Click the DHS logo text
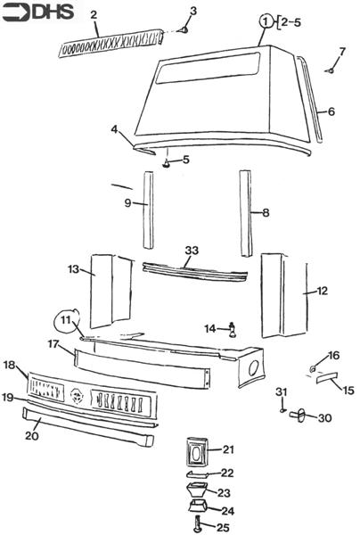tap(53, 12)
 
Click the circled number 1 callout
tap(266, 21)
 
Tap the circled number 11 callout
tap(68, 321)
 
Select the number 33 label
tap(192, 250)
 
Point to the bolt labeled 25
tap(197, 522)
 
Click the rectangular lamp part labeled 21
tap(198, 450)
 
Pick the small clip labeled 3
tap(184, 30)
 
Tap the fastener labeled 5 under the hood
tap(167, 164)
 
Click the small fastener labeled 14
tap(233, 330)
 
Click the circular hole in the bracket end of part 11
tap(254, 368)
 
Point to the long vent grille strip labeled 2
tap(110, 43)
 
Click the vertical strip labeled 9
tap(148, 210)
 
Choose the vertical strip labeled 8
tap(247, 213)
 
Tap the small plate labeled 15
tap(326, 377)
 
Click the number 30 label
tap(325, 418)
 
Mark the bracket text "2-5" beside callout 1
tap(291, 22)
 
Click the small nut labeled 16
tap(312, 369)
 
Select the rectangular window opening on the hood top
tap(208, 69)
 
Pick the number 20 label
tap(32, 436)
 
